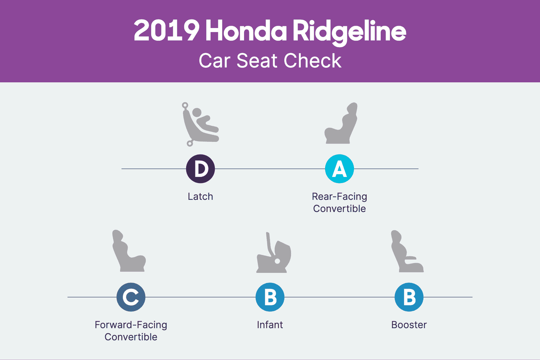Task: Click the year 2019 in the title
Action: [166, 31]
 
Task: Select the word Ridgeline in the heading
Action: [349, 31]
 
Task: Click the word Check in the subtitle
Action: [312, 61]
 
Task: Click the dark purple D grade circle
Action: [200, 169]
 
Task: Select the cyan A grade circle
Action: [340, 169]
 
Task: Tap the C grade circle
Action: [131, 297]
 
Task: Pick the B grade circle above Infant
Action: [270, 297]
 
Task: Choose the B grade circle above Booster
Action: [409, 297]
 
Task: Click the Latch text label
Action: [200, 197]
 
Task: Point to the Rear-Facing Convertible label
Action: [340, 202]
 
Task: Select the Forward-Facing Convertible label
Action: [131, 331]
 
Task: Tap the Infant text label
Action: [270, 325]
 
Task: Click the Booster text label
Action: [409, 325]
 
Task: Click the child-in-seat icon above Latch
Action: [200, 124]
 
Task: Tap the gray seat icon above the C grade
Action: [129, 251]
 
